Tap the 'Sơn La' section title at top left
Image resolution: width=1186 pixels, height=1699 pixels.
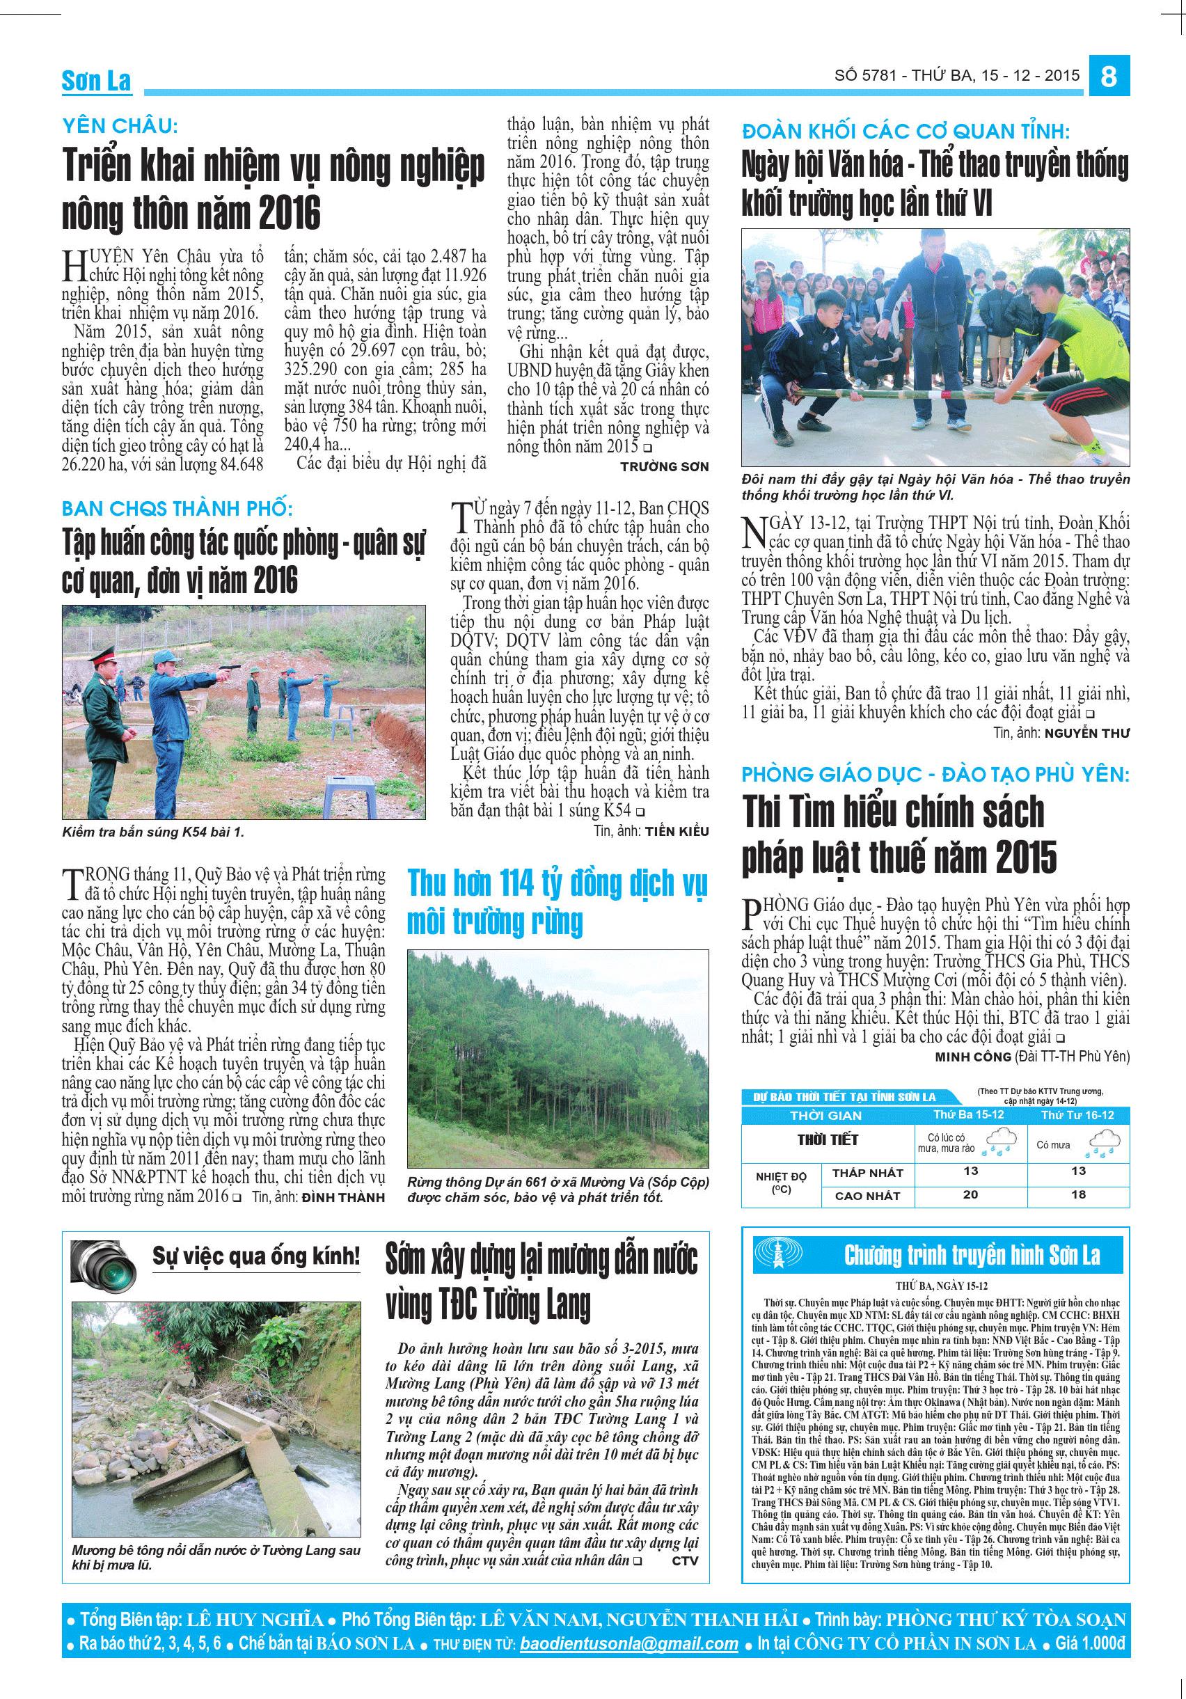pyautogui.click(x=96, y=82)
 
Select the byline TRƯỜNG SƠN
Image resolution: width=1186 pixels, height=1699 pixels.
pyautogui.click(x=664, y=466)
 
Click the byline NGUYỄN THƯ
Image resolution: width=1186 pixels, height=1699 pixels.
pyautogui.click(x=1086, y=733)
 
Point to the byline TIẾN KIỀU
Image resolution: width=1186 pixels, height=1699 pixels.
pyautogui.click(x=677, y=831)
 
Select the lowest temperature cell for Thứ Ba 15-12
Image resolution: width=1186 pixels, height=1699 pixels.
pyautogui.click(x=971, y=1171)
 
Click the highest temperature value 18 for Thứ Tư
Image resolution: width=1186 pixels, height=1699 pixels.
pyautogui.click(x=1078, y=1194)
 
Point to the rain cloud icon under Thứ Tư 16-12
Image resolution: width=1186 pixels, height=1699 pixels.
pyautogui.click(x=1102, y=1144)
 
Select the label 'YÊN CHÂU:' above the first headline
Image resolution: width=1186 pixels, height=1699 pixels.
pyautogui.click(x=120, y=127)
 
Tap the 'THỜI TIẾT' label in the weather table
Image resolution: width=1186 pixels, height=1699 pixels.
pyautogui.click(x=827, y=1139)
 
